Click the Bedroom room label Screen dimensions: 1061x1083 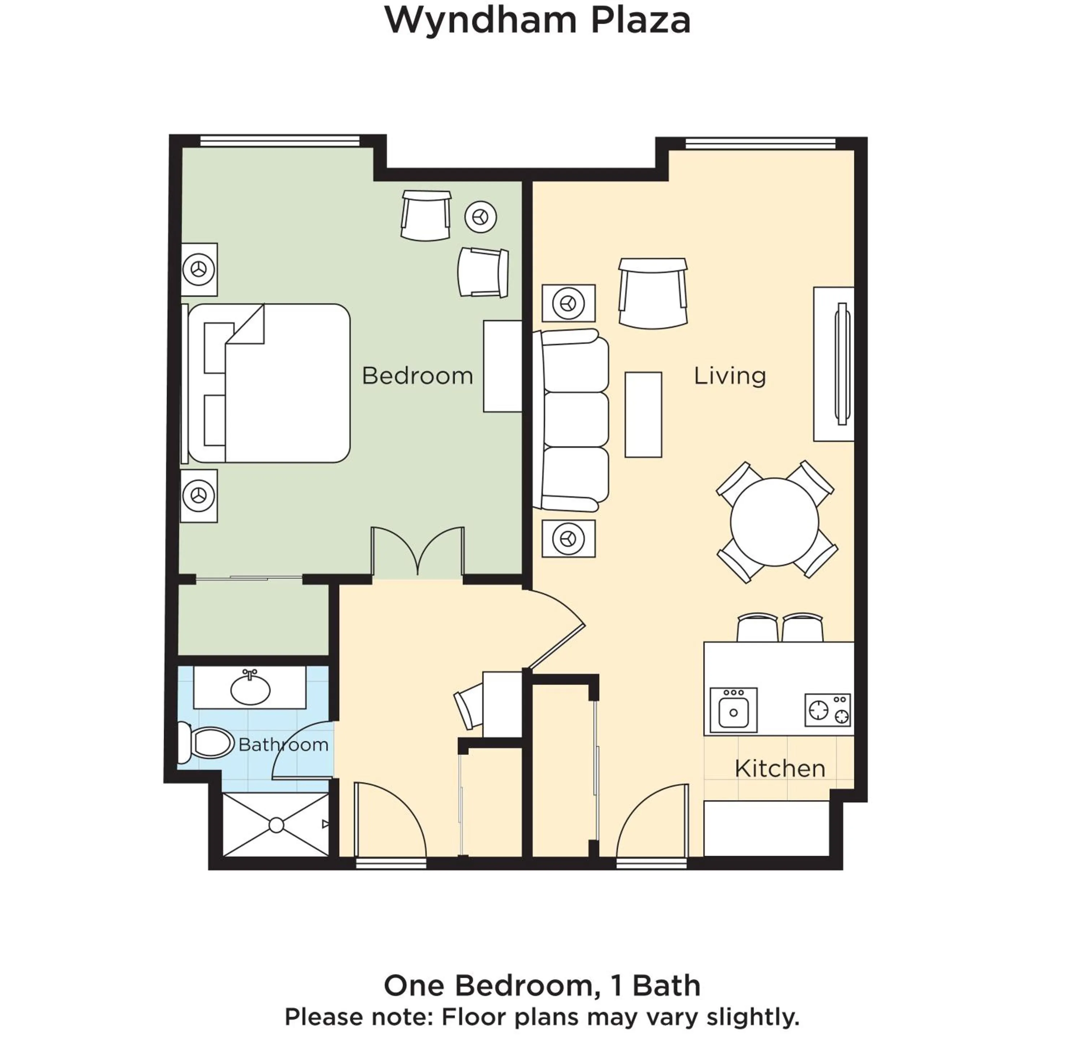tap(417, 376)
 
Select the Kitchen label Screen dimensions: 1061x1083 tap(779, 769)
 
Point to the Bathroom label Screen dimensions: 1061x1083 tap(283, 745)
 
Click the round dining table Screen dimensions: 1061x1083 tap(774, 521)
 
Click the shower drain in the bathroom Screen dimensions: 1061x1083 tap(276, 825)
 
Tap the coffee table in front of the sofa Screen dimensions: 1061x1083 tap(643, 415)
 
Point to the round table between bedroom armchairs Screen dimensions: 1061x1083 tap(480, 217)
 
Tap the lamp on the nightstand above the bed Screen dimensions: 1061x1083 tap(199, 269)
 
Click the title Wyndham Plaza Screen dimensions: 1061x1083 tap(538, 21)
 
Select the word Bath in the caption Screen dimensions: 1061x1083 tap(666, 986)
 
